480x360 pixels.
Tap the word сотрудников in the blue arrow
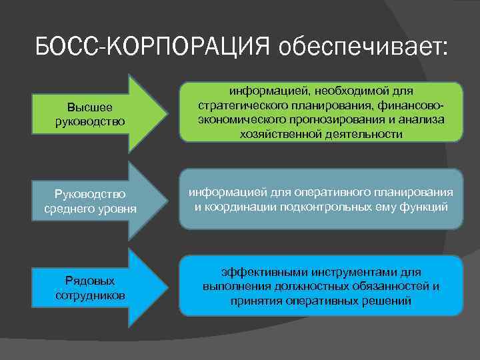click(x=90, y=295)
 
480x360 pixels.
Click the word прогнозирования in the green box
click(x=323, y=119)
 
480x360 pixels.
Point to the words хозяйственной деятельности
click(x=321, y=134)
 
